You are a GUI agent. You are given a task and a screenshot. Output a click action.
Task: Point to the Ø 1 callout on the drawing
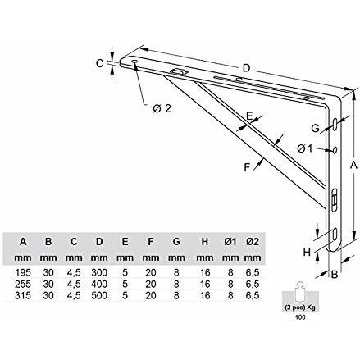tap(304, 148)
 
